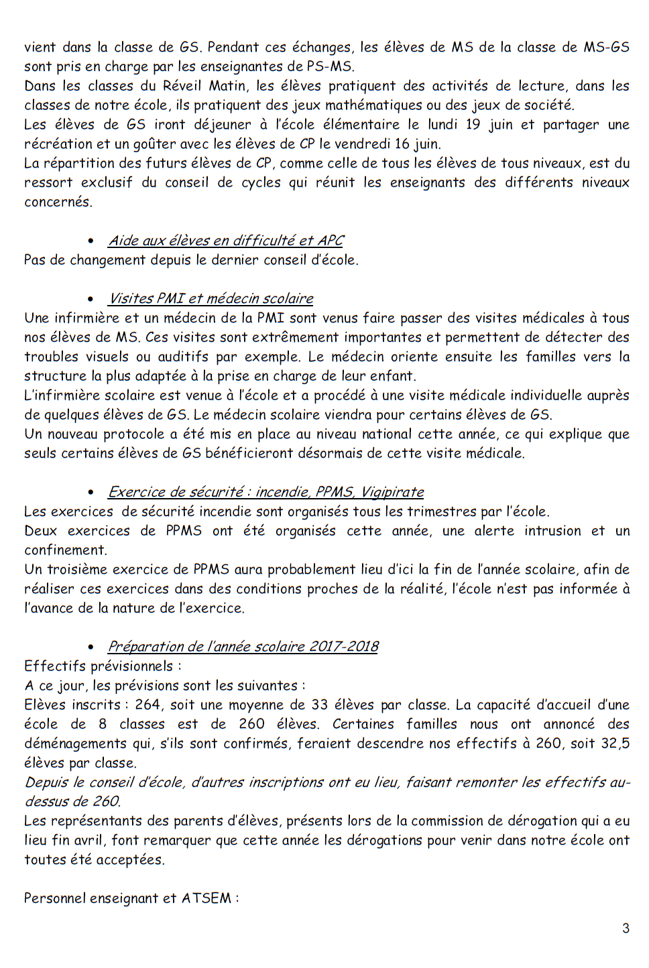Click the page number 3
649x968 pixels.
tap(626, 928)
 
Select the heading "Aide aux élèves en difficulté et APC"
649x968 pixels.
tap(226, 241)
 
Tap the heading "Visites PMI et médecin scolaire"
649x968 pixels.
tap(211, 298)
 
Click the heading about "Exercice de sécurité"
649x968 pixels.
tap(265, 492)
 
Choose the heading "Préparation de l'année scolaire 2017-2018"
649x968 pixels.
tap(243, 647)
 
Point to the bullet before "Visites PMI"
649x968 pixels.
tap(91, 299)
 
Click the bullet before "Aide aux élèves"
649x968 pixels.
tap(91, 241)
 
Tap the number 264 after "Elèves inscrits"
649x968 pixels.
tap(147, 705)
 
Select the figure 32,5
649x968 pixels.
tap(615, 743)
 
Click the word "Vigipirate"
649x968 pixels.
tap(392, 492)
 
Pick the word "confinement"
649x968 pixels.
tap(65, 550)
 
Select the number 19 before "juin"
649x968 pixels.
tap(473, 125)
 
